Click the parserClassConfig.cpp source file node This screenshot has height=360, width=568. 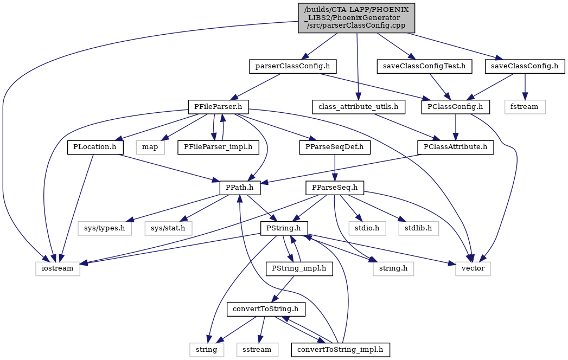click(356, 18)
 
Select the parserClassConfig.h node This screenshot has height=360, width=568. click(293, 67)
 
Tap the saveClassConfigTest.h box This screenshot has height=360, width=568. click(425, 67)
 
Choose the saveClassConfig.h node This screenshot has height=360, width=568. click(525, 67)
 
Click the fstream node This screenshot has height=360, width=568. click(525, 107)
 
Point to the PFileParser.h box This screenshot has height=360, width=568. click(219, 107)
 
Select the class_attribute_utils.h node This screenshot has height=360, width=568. click(358, 107)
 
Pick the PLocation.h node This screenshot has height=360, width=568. click(95, 147)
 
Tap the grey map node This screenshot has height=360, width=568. click(150, 147)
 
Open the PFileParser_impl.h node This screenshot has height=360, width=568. click(219, 147)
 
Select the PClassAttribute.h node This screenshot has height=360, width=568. click(456, 147)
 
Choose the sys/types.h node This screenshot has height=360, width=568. click(105, 228)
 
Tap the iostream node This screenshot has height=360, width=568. click(58, 269)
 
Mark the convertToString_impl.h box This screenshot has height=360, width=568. click(341, 350)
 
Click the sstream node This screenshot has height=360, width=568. click(258, 350)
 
